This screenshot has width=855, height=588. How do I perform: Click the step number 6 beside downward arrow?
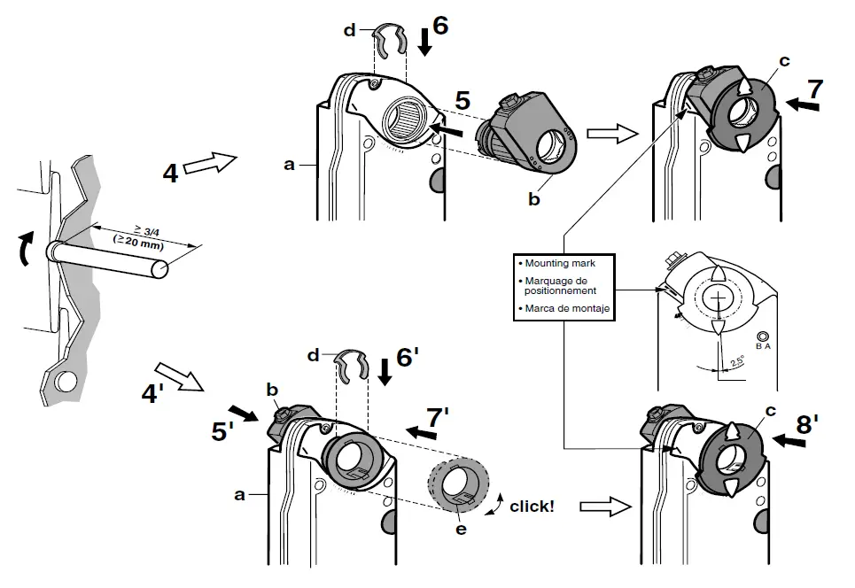pyautogui.click(x=439, y=26)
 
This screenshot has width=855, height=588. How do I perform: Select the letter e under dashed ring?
pyautogui.click(x=459, y=529)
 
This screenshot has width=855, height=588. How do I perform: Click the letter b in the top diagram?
pyautogui.click(x=533, y=201)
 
